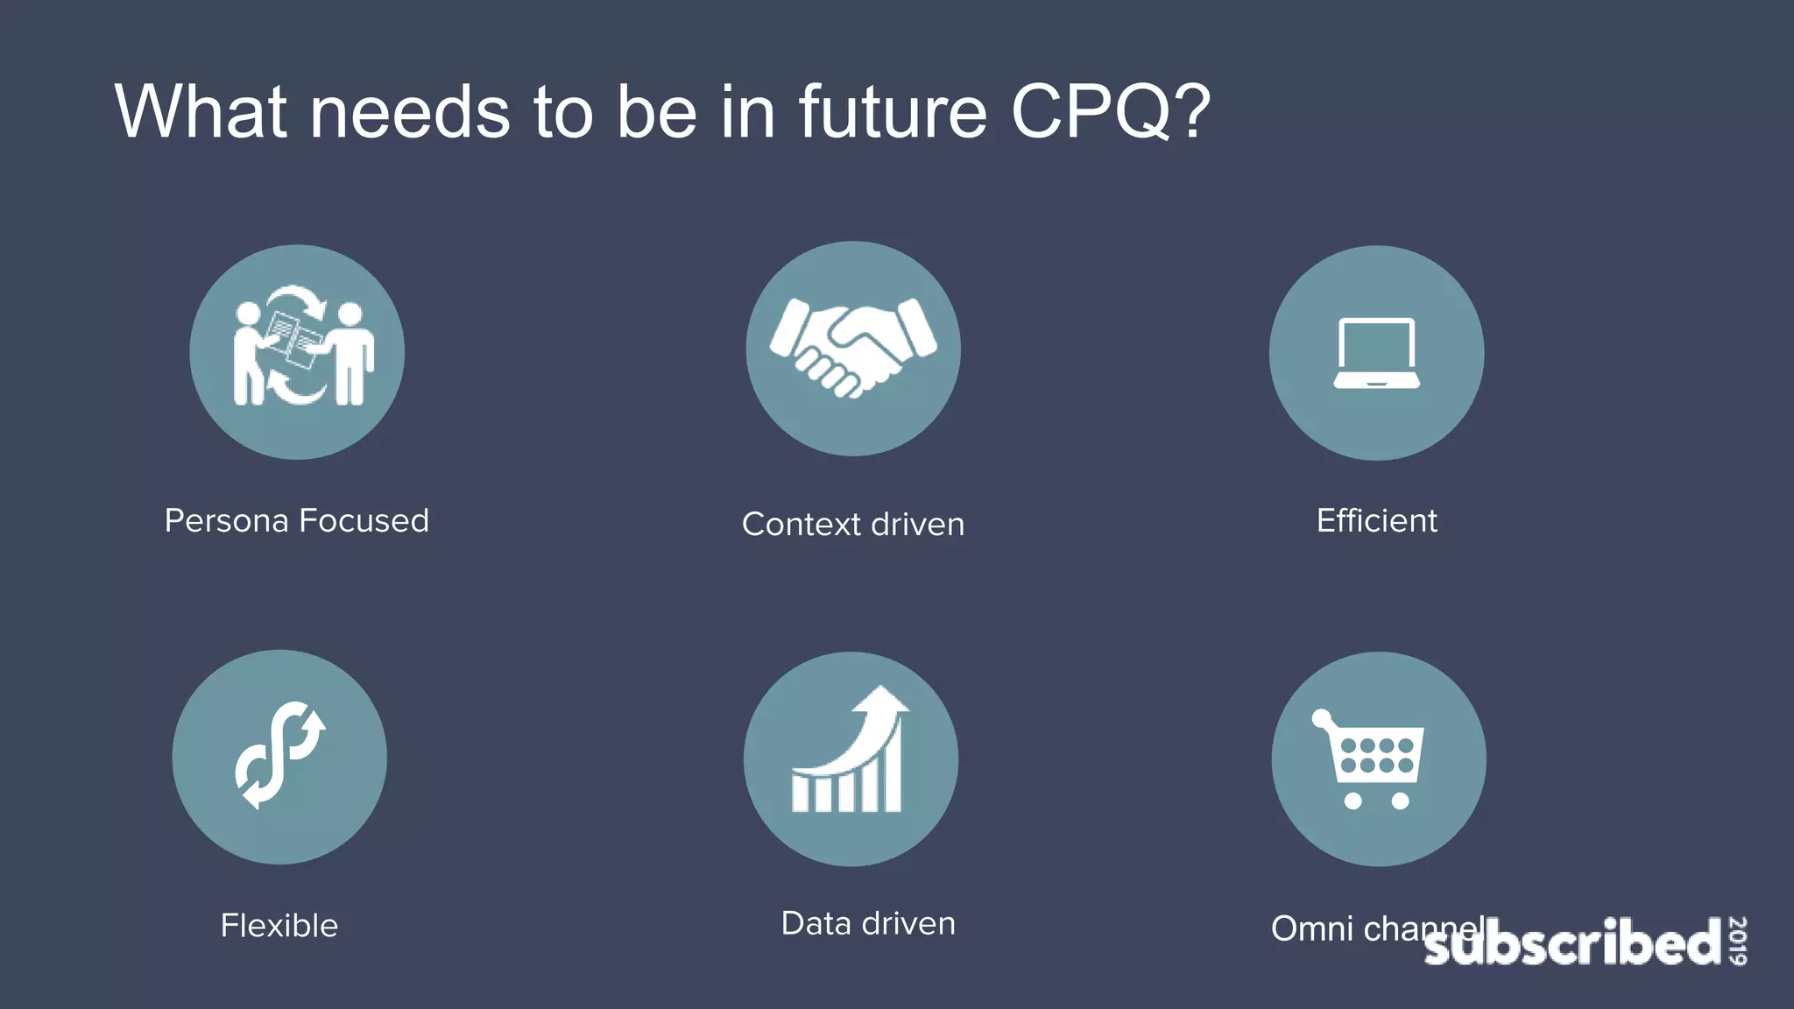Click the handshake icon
coord(853,348)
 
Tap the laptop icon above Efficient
coord(1376,353)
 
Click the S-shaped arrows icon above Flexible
coord(279,755)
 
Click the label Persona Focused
coord(297,521)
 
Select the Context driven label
coord(853,525)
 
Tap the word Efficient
coord(1376,521)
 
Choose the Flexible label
coord(279,926)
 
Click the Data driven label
coord(868,924)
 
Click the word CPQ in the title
coord(1090,112)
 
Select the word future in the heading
coord(892,112)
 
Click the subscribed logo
coord(1572,943)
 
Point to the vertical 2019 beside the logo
coord(1738,941)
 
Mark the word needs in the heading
coord(409,112)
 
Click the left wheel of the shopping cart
coord(1353,801)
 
